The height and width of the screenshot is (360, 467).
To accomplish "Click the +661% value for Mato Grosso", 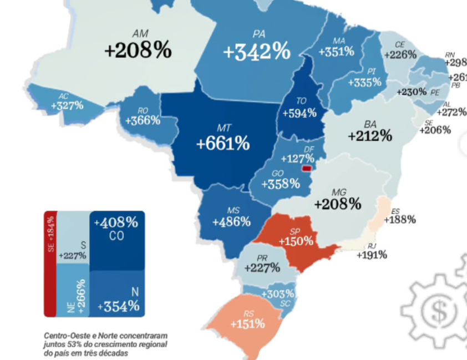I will [x=223, y=144].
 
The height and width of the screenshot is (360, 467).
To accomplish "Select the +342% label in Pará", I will [x=257, y=52].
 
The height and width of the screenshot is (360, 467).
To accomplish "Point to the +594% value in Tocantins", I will [x=299, y=113].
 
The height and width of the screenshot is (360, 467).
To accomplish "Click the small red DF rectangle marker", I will [x=306, y=168].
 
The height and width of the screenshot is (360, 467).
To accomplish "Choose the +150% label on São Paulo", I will [x=296, y=241].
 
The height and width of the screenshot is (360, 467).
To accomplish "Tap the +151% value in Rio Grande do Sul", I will [x=247, y=323].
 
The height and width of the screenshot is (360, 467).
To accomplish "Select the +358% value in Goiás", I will [x=280, y=184].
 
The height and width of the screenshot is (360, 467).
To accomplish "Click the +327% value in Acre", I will [x=67, y=105].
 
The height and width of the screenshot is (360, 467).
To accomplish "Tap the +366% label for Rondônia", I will [x=143, y=120].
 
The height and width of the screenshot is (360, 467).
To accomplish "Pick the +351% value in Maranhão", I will [x=336, y=52].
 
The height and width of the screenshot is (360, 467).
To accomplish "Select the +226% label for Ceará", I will [x=399, y=54].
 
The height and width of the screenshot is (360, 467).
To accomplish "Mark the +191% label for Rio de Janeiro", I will [x=372, y=255].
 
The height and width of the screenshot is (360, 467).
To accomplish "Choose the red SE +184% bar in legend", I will [x=50, y=263].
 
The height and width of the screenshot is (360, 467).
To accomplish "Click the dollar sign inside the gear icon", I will [x=439, y=310].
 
